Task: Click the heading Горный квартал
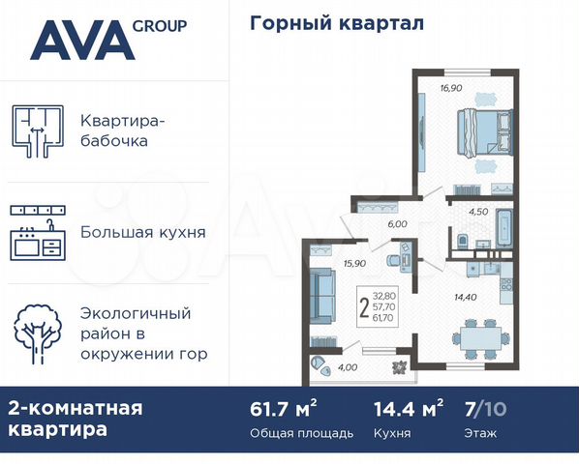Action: [336, 22]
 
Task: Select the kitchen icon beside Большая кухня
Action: [37, 233]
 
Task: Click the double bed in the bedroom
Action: [484, 132]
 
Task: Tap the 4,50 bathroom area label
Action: [478, 210]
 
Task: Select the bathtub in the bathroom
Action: [504, 228]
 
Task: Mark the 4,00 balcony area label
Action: [348, 368]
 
